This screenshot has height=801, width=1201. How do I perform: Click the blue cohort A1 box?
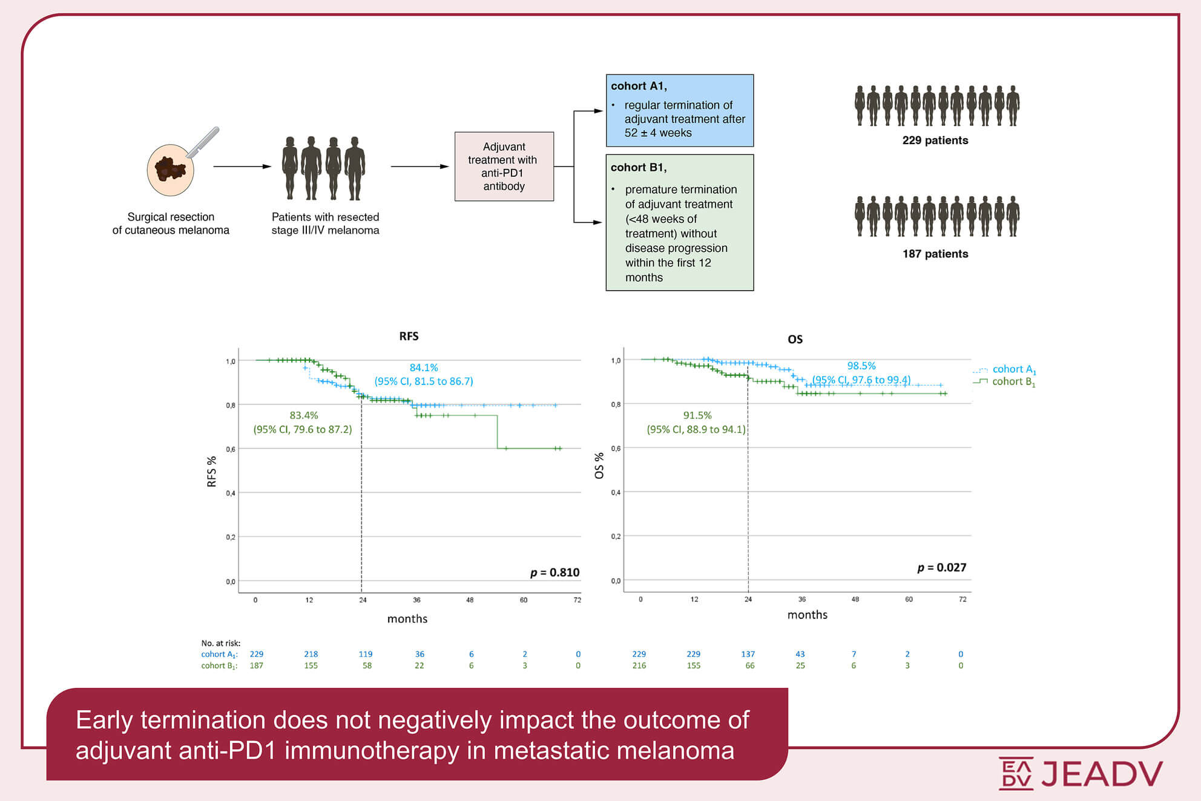point(679,110)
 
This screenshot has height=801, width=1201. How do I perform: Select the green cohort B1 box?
point(679,222)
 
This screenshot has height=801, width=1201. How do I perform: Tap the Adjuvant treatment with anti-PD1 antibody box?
point(504,166)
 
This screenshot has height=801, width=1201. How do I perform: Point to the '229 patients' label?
point(935,140)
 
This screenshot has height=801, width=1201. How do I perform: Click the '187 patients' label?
point(935,254)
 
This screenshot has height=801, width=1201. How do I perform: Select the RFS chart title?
point(409,337)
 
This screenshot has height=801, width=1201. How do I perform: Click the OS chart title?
point(795,340)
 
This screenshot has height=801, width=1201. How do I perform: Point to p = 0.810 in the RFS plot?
point(554,572)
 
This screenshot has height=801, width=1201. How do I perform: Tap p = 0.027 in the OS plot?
point(941,567)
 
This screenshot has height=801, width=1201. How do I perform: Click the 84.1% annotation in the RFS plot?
point(424,368)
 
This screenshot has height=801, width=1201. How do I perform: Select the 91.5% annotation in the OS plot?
point(697,415)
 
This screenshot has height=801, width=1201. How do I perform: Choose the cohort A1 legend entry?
point(1013,369)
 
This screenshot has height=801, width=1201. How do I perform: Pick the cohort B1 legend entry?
point(1013,382)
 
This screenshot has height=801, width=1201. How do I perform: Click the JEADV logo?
point(1081,773)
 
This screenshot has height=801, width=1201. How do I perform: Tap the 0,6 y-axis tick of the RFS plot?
point(231,449)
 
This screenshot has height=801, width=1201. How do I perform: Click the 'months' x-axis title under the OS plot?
point(807,615)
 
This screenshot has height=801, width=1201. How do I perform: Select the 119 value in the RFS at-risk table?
point(365,654)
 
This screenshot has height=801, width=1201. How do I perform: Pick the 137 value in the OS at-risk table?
point(748,654)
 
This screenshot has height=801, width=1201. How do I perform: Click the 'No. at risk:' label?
point(220,643)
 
